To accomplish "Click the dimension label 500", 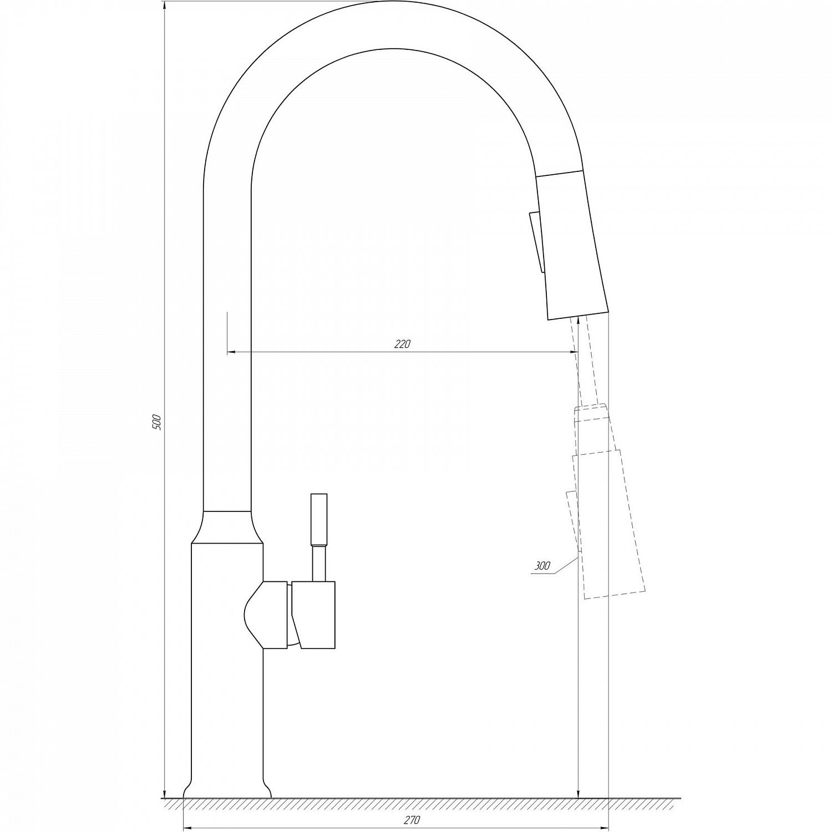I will click(156, 423).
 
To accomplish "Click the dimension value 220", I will click(402, 344).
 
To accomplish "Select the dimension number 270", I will click(413, 820).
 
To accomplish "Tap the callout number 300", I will click(542, 566).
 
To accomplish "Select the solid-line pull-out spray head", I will click(571, 244).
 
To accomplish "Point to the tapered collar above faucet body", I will click(227, 527).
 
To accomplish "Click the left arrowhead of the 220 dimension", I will click(232, 352).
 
